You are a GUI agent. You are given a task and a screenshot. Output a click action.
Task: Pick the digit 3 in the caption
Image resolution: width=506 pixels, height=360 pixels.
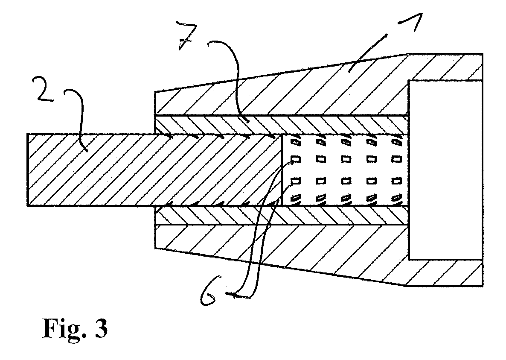click(101, 328)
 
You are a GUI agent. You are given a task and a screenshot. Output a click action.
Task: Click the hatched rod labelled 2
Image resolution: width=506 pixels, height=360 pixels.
click(154, 170)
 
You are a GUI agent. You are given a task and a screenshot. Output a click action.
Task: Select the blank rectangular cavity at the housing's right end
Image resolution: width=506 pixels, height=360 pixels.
click(446, 170)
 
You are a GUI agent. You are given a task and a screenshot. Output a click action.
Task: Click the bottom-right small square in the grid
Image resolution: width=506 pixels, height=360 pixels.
click(397, 198)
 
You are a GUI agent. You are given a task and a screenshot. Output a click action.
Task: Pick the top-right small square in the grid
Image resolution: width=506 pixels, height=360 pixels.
click(397, 141)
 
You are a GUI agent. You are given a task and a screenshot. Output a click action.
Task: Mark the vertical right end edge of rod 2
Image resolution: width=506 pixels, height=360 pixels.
click(282, 170)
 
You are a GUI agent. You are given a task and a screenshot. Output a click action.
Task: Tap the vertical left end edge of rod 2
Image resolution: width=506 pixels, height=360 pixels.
click(27, 170)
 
